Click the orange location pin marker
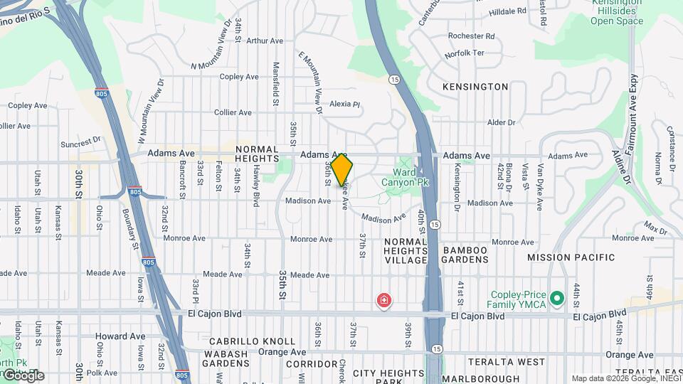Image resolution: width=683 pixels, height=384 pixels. point(342,170)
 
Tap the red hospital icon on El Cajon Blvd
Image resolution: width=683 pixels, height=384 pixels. point(384,302)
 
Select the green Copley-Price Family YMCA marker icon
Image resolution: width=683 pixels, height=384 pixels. point(557,297)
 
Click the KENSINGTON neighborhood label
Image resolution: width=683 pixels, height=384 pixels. point(475,87)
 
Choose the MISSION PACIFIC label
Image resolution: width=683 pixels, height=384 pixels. point(571,257)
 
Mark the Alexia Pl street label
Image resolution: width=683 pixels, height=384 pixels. point(345,104)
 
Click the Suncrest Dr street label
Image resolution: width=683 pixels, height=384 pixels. point(82,142)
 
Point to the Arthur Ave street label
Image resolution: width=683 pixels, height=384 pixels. point(265,41)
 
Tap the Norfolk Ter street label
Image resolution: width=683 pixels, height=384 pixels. point(464,53)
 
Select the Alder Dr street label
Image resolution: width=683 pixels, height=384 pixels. point(501,122)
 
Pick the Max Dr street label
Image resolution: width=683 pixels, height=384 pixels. point(655,227)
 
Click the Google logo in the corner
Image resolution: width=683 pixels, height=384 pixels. point(22,375)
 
